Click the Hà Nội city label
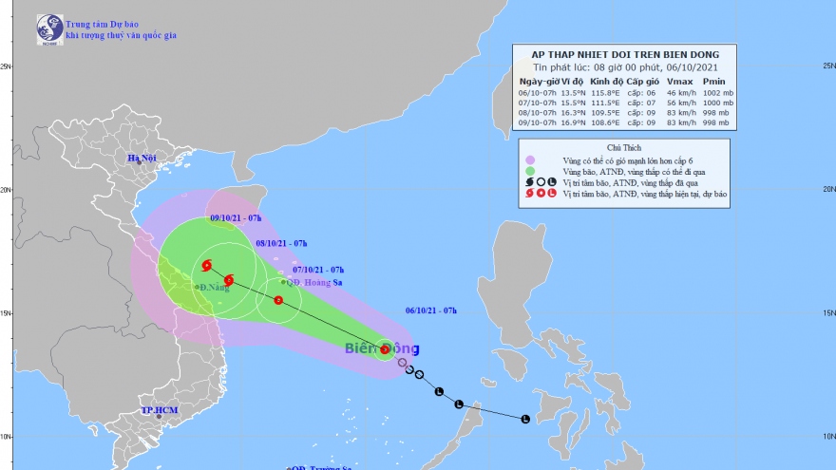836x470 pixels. coord(142,157)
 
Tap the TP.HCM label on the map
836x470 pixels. coord(160,411)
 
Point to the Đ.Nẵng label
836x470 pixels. coord(215,287)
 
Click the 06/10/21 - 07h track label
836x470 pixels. coord(431,310)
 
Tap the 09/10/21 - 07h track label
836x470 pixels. coord(236,218)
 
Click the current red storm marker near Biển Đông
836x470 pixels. coord(385,349)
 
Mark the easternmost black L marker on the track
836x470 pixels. coord(525,418)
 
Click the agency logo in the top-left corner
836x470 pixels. coord(47,29)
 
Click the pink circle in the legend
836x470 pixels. coord(529,160)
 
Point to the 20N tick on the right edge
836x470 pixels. coord(827,189)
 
